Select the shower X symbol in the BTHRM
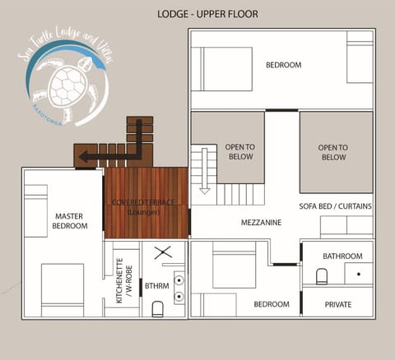point(161,253)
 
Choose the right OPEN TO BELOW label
point(333,151)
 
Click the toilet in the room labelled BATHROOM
point(323,275)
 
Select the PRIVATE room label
point(337,304)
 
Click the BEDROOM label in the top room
point(283,65)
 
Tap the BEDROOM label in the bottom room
point(272,304)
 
